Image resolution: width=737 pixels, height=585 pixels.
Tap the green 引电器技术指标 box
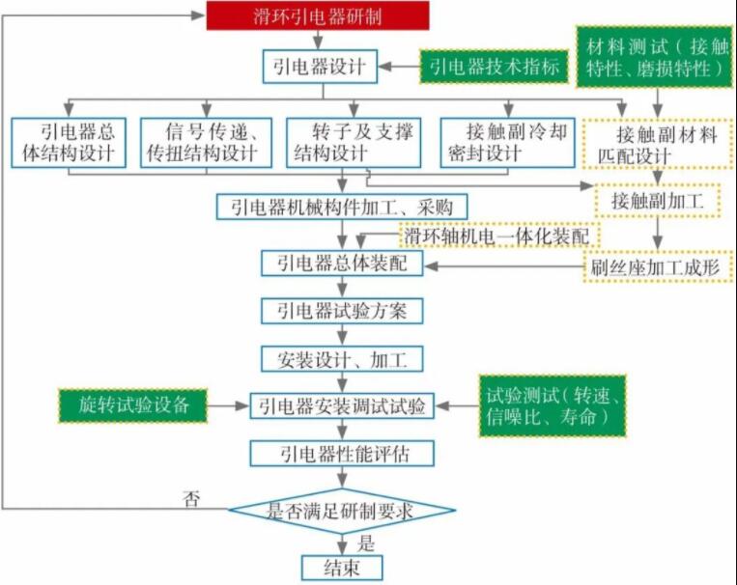pyautogui.click(x=494, y=68)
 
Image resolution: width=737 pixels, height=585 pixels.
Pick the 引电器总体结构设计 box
pyautogui.click(x=69, y=143)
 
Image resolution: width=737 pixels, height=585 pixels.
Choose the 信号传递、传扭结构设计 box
pyautogui.click(x=207, y=143)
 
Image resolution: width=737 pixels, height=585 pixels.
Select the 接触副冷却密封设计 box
pyautogui.click(x=501, y=143)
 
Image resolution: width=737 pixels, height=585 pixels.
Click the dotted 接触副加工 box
pyautogui.click(x=658, y=201)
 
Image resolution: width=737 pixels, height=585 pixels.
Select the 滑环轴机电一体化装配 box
pyautogui.click(x=500, y=236)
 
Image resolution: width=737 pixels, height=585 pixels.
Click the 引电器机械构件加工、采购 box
pyautogui.click(x=343, y=206)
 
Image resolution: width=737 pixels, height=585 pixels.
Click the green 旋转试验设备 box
pyautogui.click(x=132, y=404)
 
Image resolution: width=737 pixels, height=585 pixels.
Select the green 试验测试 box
pyautogui.click(x=552, y=404)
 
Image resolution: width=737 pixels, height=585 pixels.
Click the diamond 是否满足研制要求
pyautogui.click(x=341, y=511)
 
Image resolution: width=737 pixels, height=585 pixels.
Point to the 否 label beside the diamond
pyautogui.click(x=191, y=498)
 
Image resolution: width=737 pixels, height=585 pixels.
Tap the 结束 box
pyautogui.click(x=341, y=568)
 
